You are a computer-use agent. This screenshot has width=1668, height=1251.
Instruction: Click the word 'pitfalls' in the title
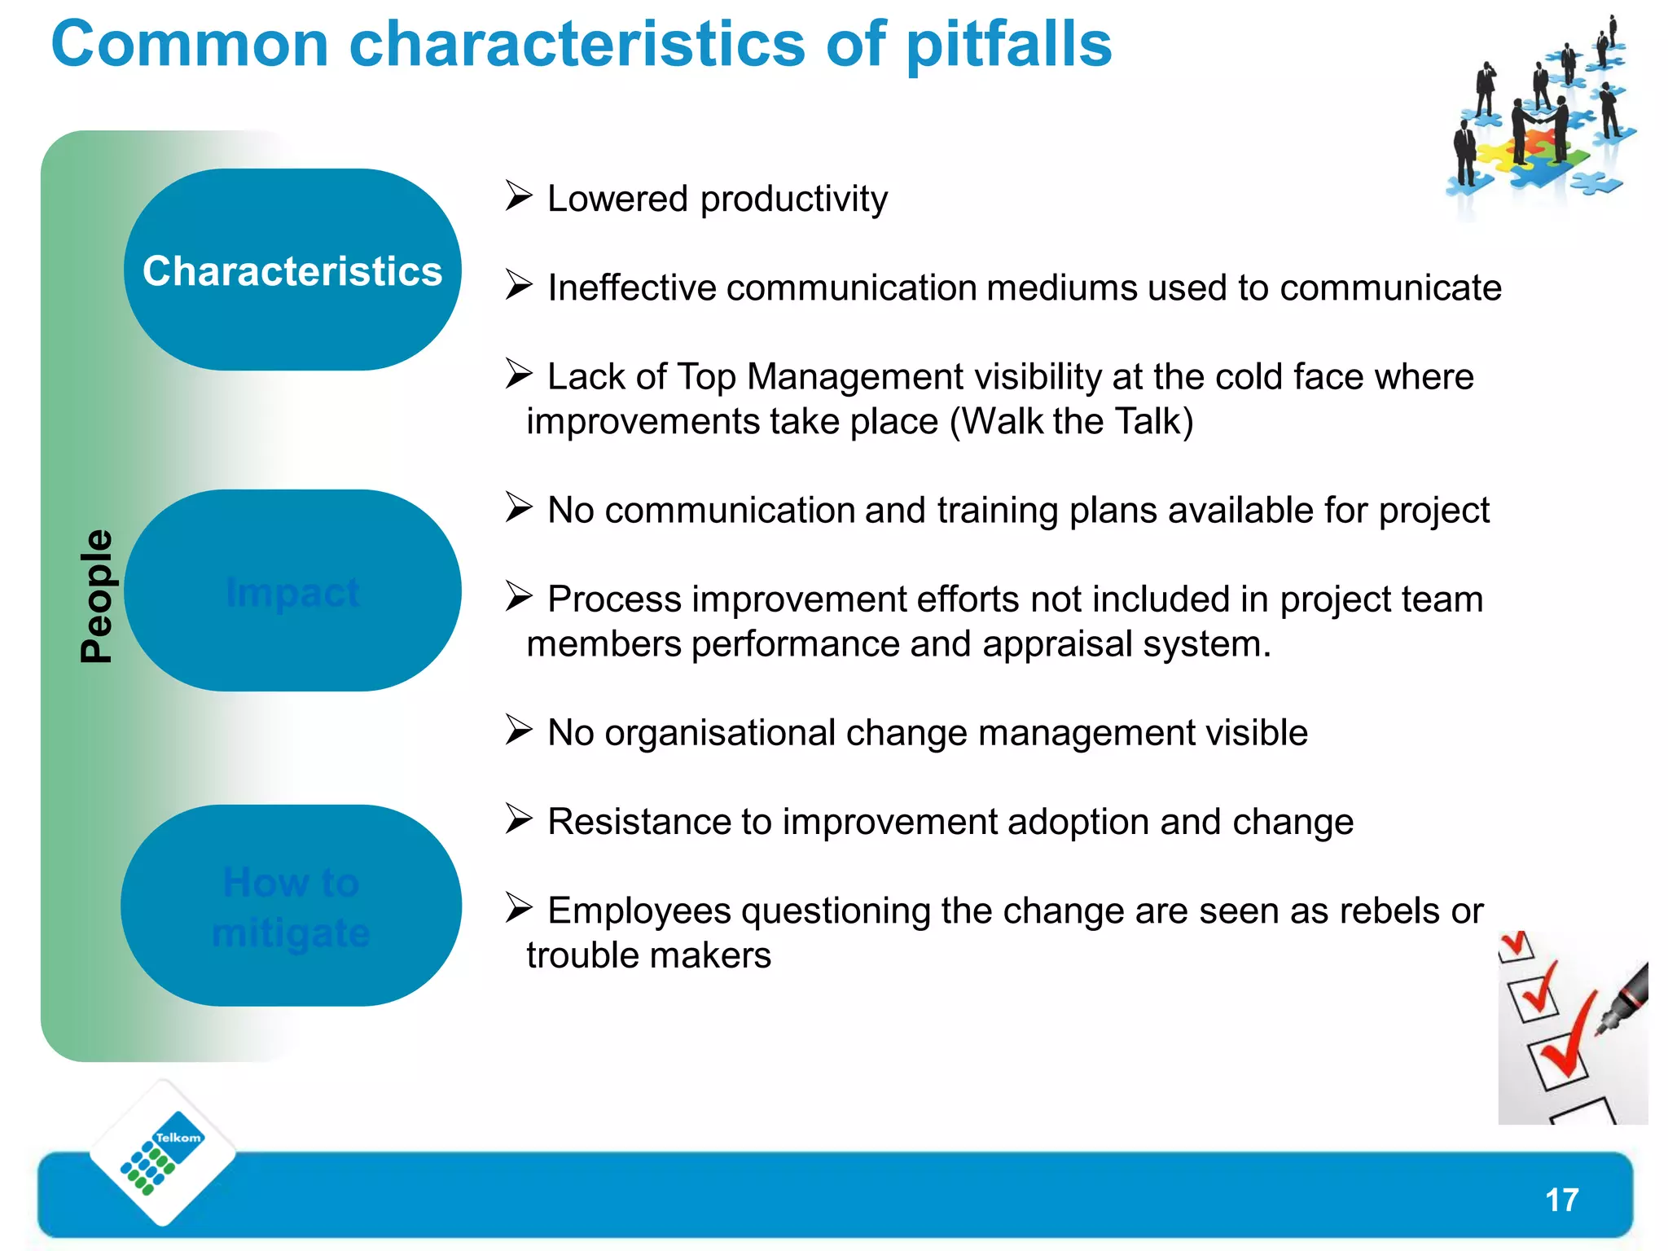click(x=1008, y=45)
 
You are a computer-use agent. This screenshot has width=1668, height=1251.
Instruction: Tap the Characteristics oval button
click(x=292, y=270)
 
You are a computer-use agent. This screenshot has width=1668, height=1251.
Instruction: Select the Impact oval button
click(x=292, y=591)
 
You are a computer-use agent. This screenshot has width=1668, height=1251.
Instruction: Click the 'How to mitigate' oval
click(x=291, y=906)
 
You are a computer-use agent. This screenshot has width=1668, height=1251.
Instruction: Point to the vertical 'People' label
click(x=96, y=595)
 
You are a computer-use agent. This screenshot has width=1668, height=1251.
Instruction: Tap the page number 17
click(x=1561, y=1200)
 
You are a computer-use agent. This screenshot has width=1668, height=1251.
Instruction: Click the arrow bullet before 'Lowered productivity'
click(x=518, y=195)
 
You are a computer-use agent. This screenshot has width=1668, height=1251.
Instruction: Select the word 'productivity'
click(x=793, y=200)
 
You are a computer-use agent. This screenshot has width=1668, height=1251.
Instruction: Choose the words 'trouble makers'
click(x=648, y=955)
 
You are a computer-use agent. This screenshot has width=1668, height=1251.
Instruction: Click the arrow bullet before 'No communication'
click(x=518, y=507)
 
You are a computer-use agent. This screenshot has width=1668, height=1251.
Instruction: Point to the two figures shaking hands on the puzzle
click(x=1539, y=122)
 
